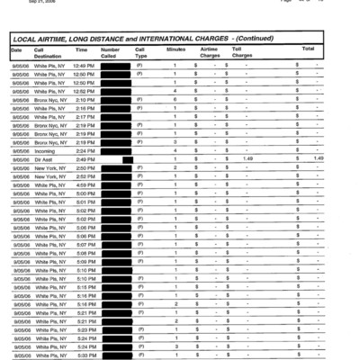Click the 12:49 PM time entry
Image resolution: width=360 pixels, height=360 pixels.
(x=84, y=67)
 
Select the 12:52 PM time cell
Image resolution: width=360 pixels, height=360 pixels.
(x=84, y=91)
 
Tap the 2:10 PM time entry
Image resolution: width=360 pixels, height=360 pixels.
(x=84, y=100)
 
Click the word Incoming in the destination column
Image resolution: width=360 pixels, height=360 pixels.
(x=46, y=151)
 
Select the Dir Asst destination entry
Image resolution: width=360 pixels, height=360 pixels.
(x=44, y=159)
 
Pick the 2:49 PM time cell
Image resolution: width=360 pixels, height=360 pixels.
(x=84, y=159)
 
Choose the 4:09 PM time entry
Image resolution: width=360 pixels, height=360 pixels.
(x=84, y=184)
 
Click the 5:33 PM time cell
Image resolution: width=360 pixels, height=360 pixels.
(x=84, y=355)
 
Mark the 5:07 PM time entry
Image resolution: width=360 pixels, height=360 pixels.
(x=84, y=245)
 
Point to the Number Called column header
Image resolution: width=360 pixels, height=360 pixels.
(x=110, y=51)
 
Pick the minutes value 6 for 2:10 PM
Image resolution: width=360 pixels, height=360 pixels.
(x=175, y=100)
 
